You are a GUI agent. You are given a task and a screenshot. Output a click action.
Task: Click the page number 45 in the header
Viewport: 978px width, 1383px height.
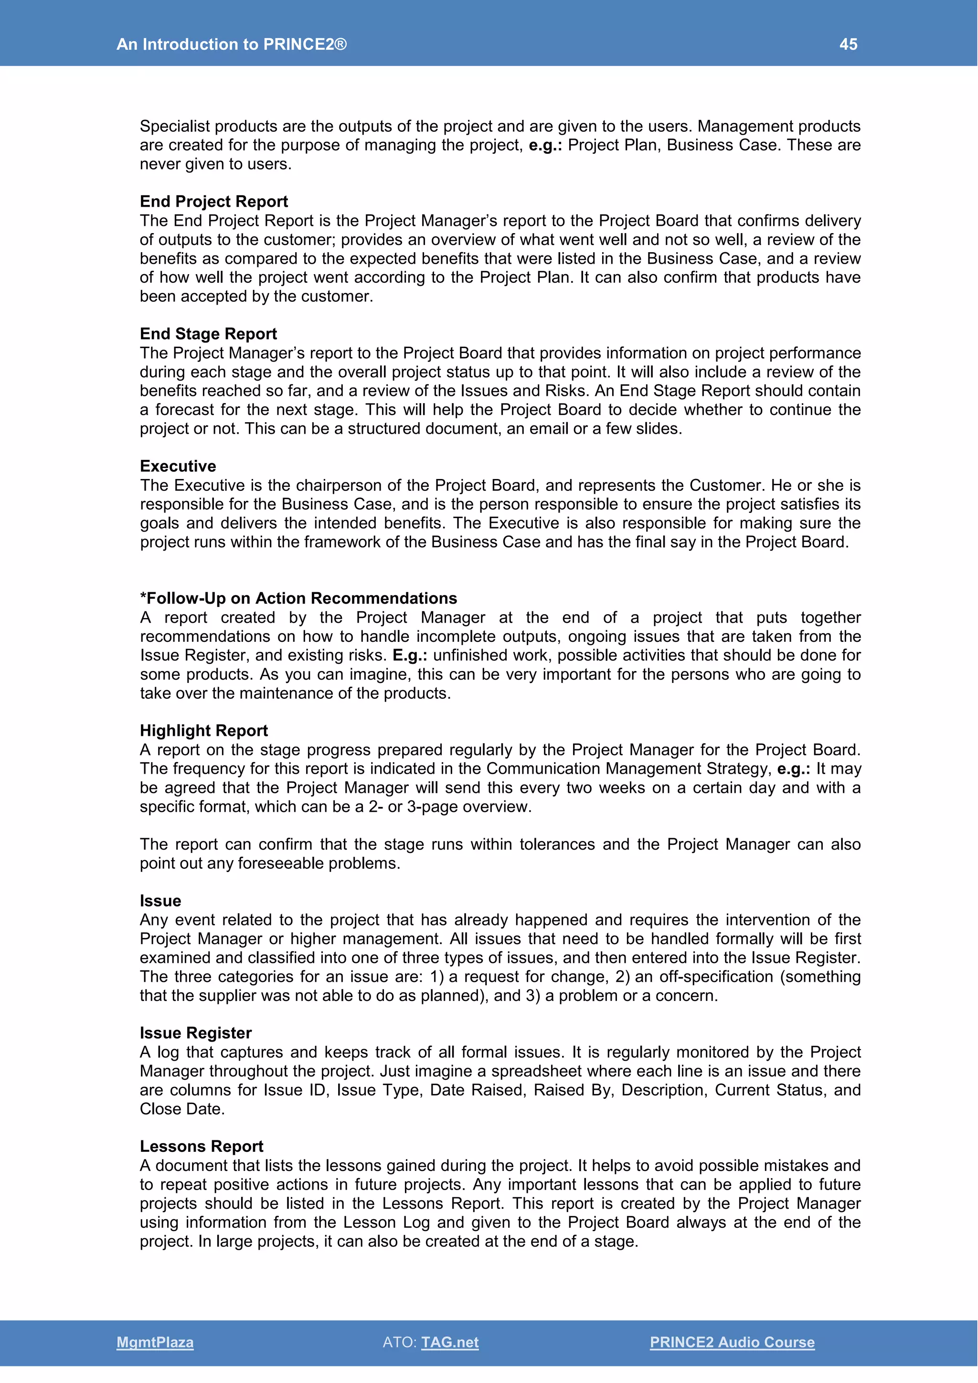click(x=848, y=44)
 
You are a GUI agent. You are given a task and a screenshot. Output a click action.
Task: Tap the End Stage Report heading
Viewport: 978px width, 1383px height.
click(x=208, y=334)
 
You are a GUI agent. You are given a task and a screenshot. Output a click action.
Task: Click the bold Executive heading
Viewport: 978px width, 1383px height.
click(x=178, y=466)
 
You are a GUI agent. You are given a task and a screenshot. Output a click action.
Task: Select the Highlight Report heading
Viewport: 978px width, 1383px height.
click(x=203, y=731)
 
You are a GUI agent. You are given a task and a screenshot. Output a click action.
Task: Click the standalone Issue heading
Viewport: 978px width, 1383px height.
click(x=160, y=901)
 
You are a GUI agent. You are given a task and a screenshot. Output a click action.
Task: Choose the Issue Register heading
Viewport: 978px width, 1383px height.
click(x=196, y=1033)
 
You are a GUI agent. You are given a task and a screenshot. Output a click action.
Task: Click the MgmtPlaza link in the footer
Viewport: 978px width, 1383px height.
click(x=155, y=1342)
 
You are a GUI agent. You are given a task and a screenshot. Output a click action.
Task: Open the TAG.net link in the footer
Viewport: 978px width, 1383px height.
click(x=450, y=1342)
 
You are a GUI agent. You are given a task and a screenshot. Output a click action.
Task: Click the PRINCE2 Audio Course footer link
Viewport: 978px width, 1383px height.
click(x=732, y=1342)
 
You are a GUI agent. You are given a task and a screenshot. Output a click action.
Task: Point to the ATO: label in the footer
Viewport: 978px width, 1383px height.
click(x=399, y=1342)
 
